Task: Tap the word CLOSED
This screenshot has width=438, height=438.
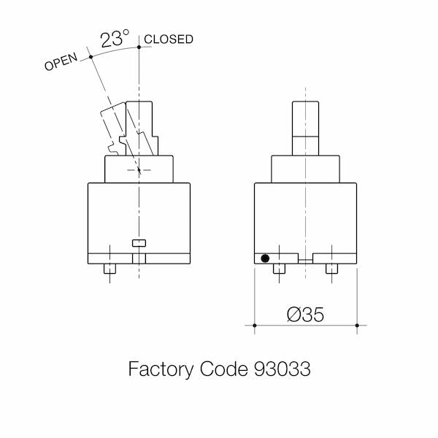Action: (x=169, y=39)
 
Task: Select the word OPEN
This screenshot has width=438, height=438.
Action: (x=61, y=61)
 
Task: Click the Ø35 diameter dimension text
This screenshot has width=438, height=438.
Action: (x=305, y=315)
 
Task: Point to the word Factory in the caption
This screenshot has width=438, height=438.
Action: (x=161, y=369)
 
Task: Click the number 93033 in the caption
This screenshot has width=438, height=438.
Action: (x=282, y=369)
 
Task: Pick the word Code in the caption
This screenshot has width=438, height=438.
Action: (x=224, y=369)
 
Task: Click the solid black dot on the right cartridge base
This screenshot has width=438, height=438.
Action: (x=265, y=258)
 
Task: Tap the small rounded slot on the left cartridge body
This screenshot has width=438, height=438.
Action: (x=139, y=243)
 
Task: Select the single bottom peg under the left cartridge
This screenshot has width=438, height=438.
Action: (x=109, y=269)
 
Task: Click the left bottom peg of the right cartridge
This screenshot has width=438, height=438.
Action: (x=279, y=269)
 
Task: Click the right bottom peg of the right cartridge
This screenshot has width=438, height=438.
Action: (x=331, y=269)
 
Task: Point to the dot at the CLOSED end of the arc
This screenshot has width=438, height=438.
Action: (x=139, y=47)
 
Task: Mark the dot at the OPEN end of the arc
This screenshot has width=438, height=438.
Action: (x=91, y=57)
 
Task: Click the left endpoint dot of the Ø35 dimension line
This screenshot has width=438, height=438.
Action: (x=255, y=326)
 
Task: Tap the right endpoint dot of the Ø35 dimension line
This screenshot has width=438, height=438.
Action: (x=357, y=326)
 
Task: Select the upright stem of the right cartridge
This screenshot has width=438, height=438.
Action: (x=305, y=128)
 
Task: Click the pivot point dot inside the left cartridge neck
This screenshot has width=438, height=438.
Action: (x=139, y=169)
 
